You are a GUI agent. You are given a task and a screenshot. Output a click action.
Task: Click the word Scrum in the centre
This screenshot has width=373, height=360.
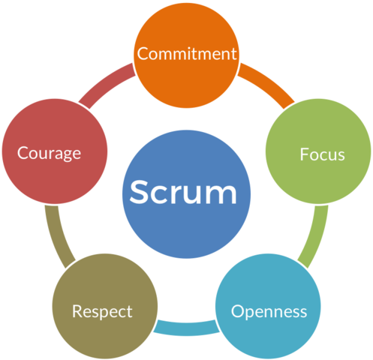183,193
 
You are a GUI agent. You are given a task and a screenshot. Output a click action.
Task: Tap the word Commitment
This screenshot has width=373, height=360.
187,54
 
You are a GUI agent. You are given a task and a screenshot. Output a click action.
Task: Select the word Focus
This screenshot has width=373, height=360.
322,154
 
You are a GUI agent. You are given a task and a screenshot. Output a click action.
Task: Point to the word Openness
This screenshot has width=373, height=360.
269,310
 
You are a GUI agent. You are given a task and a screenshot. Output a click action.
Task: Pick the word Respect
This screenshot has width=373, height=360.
102,310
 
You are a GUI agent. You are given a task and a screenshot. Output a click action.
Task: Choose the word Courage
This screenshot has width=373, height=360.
50,153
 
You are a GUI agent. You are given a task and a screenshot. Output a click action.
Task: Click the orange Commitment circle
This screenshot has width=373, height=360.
187,75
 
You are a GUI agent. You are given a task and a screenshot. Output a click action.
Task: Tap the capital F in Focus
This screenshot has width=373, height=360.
304,154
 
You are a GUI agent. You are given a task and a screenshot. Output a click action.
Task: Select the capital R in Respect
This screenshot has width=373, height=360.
77,310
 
